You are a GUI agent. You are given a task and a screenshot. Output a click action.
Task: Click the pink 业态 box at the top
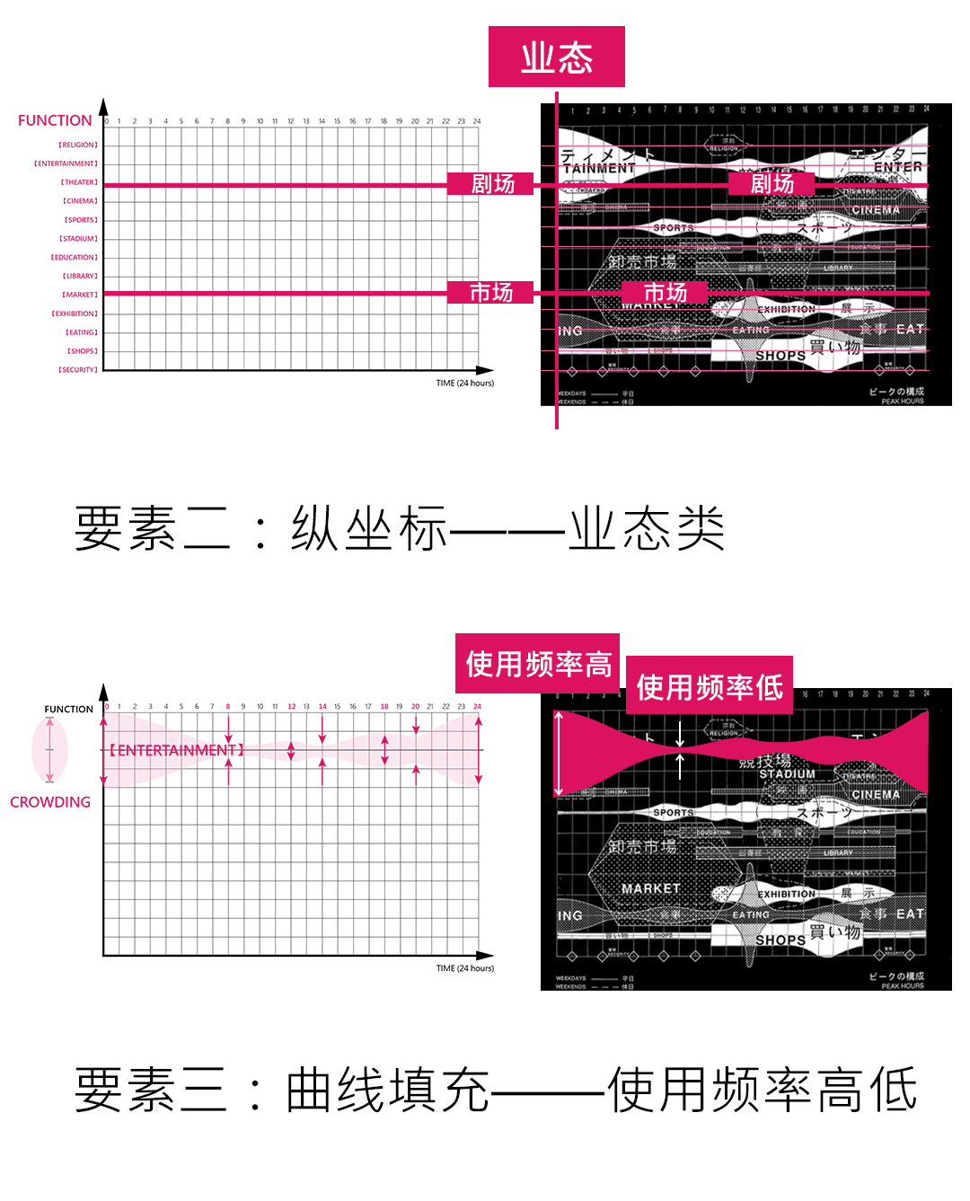[556, 57]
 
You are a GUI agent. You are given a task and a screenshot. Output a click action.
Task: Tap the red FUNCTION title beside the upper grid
[55, 120]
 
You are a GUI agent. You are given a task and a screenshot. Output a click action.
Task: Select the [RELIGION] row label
[78, 145]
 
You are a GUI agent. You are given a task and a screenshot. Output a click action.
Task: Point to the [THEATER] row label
[79, 182]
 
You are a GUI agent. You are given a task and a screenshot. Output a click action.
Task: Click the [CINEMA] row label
[80, 201]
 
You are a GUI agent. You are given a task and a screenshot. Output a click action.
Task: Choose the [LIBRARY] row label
[80, 276]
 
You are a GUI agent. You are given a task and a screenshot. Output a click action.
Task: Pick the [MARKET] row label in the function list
[80, 295]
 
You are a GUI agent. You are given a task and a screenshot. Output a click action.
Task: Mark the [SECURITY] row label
[78, 369]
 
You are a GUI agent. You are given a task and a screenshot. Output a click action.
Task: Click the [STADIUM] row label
[79, 239]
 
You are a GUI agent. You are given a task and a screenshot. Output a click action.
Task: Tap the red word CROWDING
[50, 802]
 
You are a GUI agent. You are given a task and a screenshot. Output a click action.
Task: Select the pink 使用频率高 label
[538, 664]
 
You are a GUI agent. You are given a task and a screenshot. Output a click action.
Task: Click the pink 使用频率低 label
[710, 686]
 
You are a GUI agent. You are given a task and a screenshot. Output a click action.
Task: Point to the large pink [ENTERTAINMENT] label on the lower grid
[176, 750]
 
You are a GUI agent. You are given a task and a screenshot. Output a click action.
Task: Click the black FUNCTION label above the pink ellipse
[68, 709]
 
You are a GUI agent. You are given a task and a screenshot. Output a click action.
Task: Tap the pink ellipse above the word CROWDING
[49, 749]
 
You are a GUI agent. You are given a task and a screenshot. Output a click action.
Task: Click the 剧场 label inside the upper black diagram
[772, 184]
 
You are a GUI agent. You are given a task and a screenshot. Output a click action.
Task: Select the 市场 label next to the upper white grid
[491, 293]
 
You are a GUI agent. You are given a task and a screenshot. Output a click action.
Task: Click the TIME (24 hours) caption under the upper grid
[464, 383]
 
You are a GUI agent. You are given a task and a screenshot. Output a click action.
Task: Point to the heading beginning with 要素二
[400, 528]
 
